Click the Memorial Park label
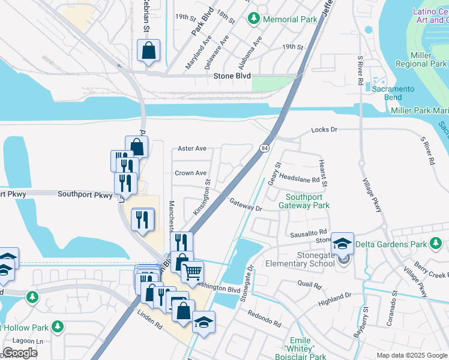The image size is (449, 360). pos(290,19)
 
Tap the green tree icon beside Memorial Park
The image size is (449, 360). pos(254,19)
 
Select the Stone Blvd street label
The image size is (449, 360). pos(232,76)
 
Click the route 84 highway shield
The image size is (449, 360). pos(264,148)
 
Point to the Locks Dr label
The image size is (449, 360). pos(325,130)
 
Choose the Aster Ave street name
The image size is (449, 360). pos(192,148)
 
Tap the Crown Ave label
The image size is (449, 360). pos(190,173)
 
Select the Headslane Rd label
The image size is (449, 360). pos(299,179)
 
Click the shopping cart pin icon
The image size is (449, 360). pos(192,272)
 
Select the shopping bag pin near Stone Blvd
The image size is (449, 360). pos(148,51)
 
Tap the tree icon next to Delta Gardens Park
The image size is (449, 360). pos(433,244)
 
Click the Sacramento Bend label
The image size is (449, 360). pos(393,93)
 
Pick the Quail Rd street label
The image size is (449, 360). pos(306,283)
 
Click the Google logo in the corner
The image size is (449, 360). pos(20,353)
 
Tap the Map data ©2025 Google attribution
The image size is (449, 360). pos(412,355)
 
